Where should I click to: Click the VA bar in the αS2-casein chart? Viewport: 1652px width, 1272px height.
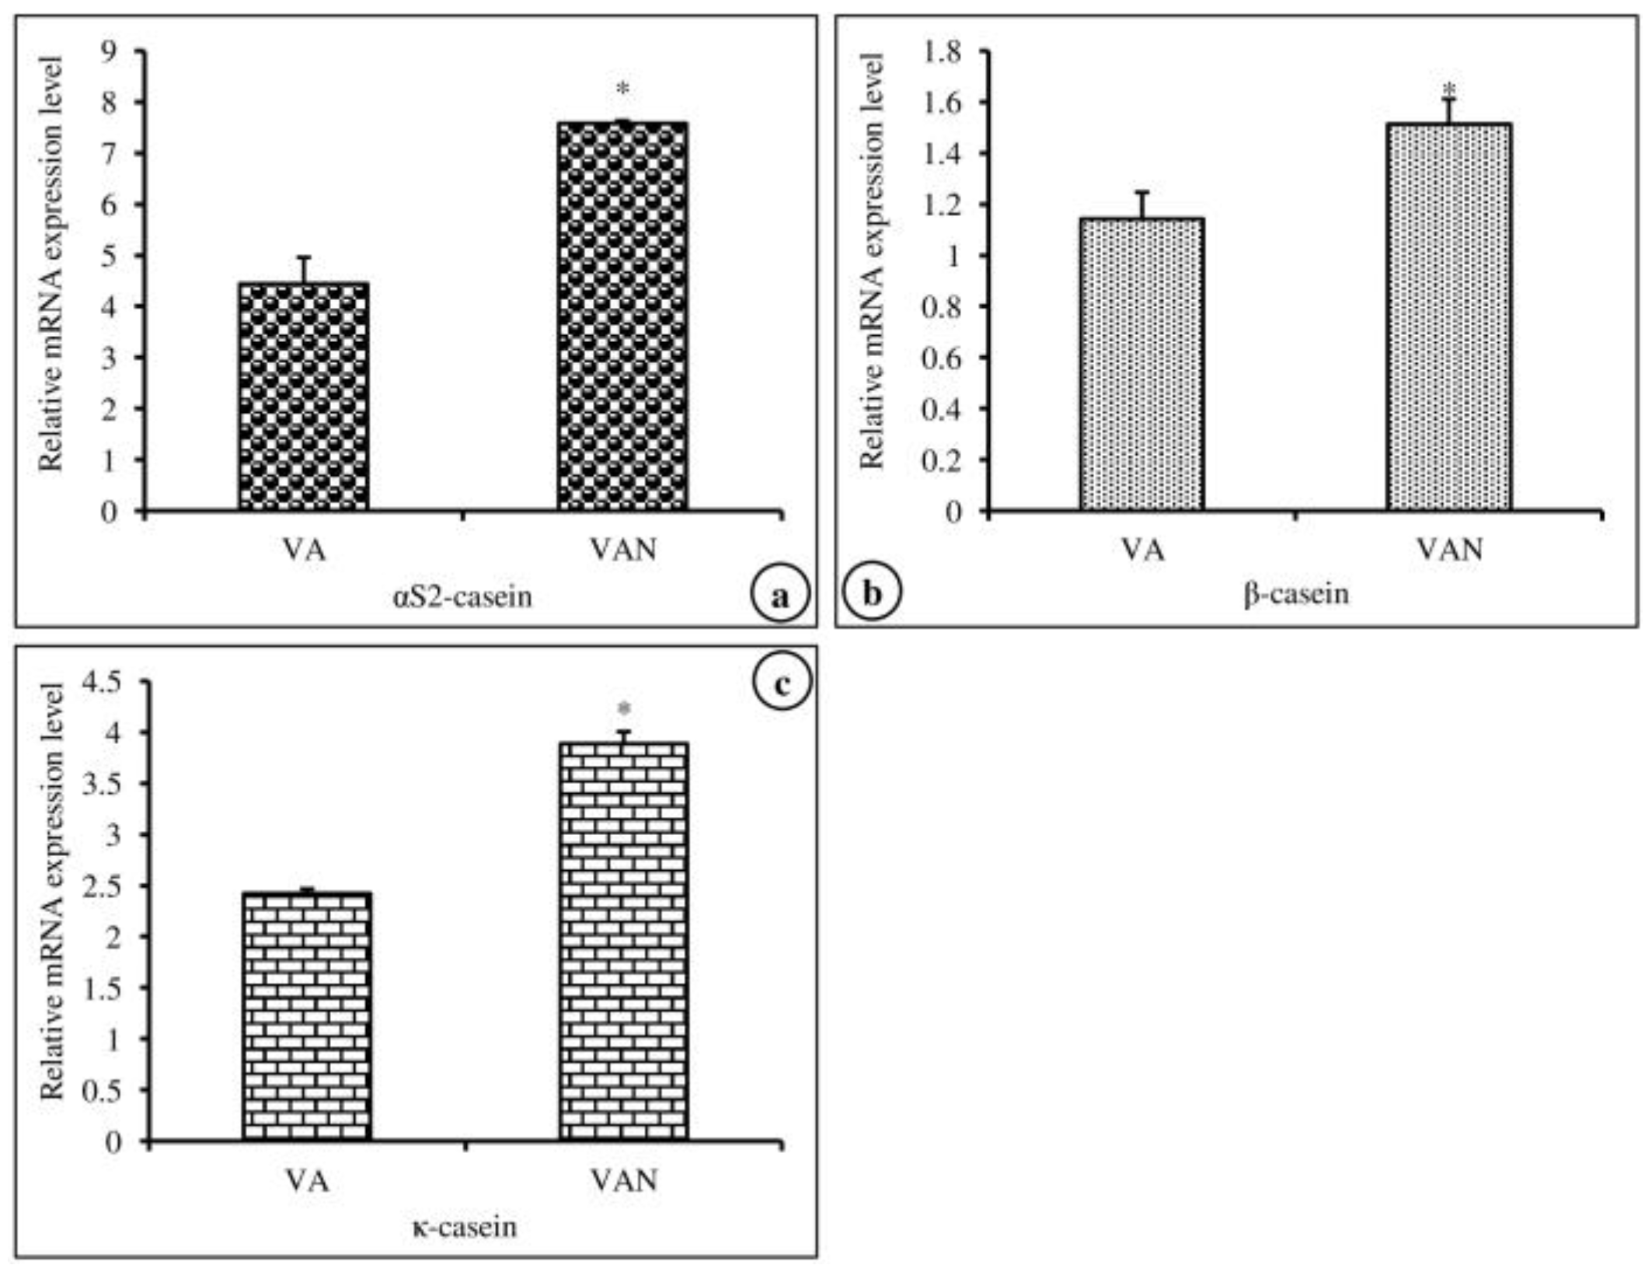303,397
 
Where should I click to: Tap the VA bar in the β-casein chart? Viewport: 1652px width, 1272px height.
1141,365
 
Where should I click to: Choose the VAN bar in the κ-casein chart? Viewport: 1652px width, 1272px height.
624,942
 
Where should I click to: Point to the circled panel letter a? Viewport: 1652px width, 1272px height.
780,596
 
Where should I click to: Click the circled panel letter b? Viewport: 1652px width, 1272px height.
872,594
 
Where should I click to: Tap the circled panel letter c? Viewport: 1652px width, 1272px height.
782,684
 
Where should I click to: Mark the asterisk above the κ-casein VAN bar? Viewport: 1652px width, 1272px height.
624,708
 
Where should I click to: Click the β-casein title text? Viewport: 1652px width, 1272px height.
1296,595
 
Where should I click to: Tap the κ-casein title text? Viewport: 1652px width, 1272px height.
464,1227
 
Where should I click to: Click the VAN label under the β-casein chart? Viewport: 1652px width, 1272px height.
1450,550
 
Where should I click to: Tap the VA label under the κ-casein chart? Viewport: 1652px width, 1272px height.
306,1181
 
